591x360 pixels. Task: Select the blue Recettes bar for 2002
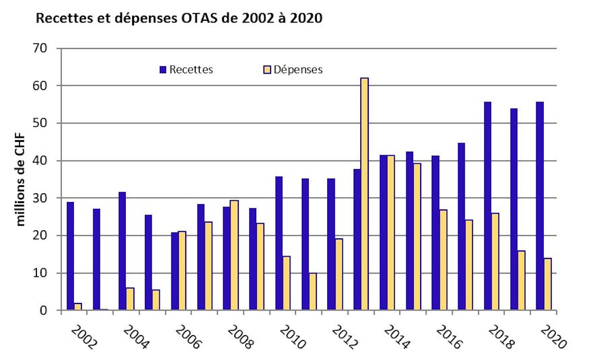[x=70, y=256]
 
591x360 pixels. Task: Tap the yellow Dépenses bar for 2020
[x=548, y=284]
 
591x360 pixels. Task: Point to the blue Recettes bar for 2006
[x=174, y=271]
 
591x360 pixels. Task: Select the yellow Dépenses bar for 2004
[x=130, y=299]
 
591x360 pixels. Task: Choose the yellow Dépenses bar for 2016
[x=443, y=260]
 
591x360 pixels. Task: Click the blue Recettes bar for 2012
[x=331, y=245]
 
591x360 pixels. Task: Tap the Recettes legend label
[x=191, y=70]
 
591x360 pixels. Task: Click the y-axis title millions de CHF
[x=21, y=179]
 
